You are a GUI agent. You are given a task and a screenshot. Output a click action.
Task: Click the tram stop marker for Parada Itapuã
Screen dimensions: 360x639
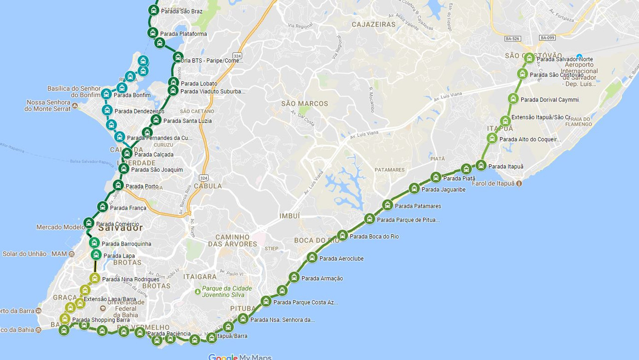click(481, 165)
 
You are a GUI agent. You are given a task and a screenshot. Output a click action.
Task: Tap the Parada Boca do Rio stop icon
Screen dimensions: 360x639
click(342, 235)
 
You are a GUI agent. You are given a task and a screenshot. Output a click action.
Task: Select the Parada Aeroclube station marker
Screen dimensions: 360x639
click(312, 258)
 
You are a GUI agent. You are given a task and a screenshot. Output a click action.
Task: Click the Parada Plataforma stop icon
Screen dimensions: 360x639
click(153, 33)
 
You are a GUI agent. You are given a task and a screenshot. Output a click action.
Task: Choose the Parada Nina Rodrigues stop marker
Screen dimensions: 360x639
click(95, 278)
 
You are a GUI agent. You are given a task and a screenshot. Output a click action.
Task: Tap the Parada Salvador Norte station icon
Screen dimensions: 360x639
click(529, 58)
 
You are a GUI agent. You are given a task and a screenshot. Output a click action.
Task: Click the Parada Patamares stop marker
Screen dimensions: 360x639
click(387, 205)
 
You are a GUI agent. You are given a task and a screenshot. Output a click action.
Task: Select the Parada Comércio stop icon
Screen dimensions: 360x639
click(89, 223)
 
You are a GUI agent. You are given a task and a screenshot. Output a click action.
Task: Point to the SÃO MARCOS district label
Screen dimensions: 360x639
click(305, 103)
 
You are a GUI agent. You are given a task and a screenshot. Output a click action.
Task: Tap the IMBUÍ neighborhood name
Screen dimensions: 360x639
click(290, 216)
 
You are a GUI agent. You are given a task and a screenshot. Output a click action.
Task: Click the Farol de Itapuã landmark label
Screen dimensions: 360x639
click(493, 183)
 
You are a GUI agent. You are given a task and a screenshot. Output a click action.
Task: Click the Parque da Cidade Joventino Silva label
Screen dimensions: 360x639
click(227, 292)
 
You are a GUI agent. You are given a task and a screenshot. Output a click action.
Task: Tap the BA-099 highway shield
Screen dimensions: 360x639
click(547, 38)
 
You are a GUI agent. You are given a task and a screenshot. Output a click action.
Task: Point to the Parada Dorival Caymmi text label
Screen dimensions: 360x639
click(550, 100)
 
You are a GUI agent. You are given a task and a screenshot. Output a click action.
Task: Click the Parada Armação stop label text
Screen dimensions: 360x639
click(322, 279)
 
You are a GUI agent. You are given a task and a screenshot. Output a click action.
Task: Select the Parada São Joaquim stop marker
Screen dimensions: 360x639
click(124, 169)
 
